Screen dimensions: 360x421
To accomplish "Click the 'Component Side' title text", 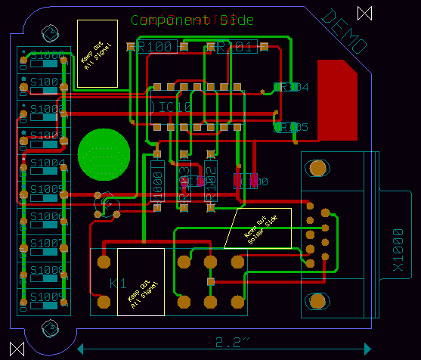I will pos(192,20).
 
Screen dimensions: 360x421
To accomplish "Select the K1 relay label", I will pos(118,284).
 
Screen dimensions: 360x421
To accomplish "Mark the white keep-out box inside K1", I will pos(141,281).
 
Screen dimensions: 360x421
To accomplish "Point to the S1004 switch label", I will pos(47,163).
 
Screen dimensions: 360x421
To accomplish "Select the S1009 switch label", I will pos(47,296).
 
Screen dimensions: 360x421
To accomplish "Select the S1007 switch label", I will pos(47,244).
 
